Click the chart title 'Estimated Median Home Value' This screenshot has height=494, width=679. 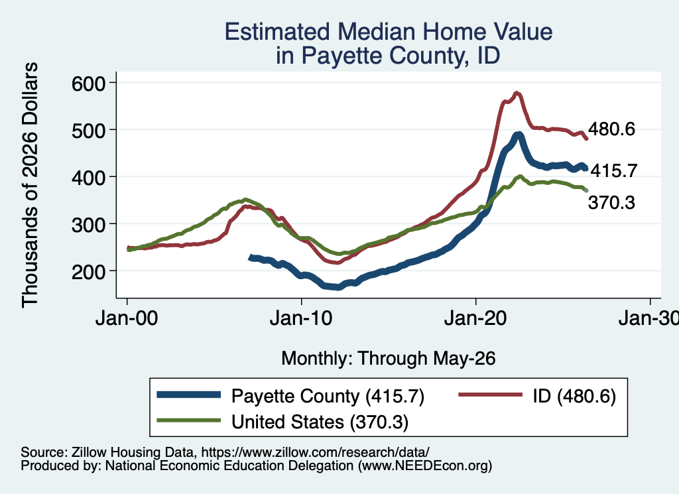(x=389, y=32)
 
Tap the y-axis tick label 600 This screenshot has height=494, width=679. (x=88, y=83)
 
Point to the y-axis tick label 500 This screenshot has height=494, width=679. (x=88, y=130)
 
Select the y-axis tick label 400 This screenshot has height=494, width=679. (x=88, y=177)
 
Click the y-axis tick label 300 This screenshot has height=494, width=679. (x=88, y=224)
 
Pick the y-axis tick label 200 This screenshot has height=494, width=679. (x=88, y=271)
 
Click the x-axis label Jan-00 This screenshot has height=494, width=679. (x=127, y=318)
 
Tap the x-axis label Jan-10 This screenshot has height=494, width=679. (x=301, y=318)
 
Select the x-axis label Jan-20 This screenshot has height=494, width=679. (x=475, y=318)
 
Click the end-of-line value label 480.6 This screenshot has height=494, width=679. (x=611, y=129)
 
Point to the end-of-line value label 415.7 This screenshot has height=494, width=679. (x=614, y=170)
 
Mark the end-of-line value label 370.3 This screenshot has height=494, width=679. (x=611, y=202)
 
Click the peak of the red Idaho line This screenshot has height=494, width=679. (x=517, y=93)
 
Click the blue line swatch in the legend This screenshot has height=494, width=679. (x=188, y=395)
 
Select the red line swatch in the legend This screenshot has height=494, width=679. (x=490, y=395)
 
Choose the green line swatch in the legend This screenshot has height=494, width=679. (x=188, y=420)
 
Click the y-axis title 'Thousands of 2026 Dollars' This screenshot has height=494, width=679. (x=29, y=185)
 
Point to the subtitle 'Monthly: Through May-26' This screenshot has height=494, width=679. (x=389, y=359)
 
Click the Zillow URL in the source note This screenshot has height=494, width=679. (x=315, y=452)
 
